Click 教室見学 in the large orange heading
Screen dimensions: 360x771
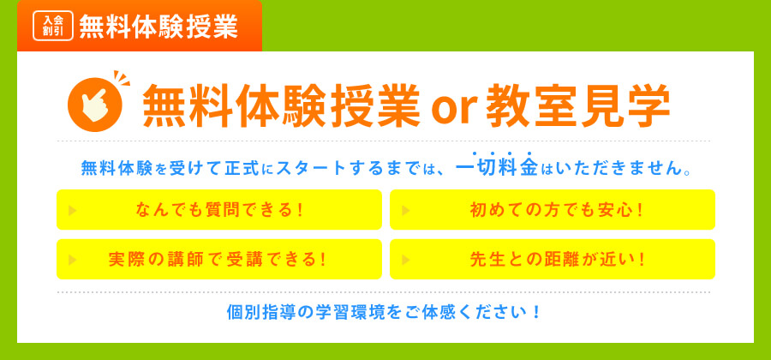[578, 106]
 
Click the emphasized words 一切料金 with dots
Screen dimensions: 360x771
[496, 166]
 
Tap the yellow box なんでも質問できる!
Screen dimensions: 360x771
[219, 210]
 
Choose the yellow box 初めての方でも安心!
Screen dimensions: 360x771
[553, 210]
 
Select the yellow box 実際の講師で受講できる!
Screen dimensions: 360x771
[219, 259]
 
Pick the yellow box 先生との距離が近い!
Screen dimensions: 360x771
[553, 259]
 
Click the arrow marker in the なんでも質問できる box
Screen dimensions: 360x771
[73, 210]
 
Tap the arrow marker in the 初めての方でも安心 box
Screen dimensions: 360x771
[406, 210]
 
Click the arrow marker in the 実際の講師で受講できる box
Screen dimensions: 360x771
[73, 259]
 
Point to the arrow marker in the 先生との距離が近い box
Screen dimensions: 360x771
[406, 259]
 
